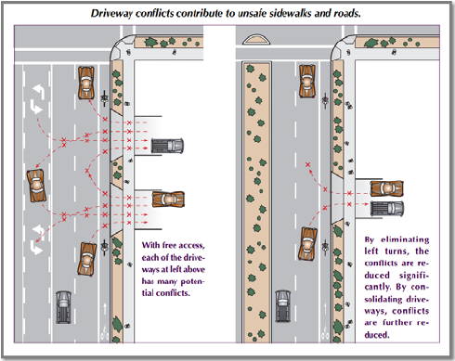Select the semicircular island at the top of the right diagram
click(x=256, y=39)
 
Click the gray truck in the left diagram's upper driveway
click(x=167, y=146)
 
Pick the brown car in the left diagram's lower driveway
click(x=168, y=200)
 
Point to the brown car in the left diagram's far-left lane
click(x=36, y=186)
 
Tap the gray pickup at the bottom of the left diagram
click(x=63, y=307)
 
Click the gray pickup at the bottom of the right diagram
click(x=282, y=306)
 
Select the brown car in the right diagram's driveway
click(x=387, y=188)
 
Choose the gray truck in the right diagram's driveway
click(x=387, y=209)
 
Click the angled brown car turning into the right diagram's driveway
click(x=307, y=244)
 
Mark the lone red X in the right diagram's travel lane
click(x=307, y=164)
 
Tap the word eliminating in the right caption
click(x=405, y=239)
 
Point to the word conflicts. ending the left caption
click(x=173, y=293)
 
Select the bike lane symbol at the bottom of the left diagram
click(x=105, y=332)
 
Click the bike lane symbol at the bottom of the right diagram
click(x=325, y=331)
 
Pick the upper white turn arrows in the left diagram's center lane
click(x=37, y=99)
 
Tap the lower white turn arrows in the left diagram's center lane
click(x=37, y=239)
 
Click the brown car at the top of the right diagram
click(x=307, y=82)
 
